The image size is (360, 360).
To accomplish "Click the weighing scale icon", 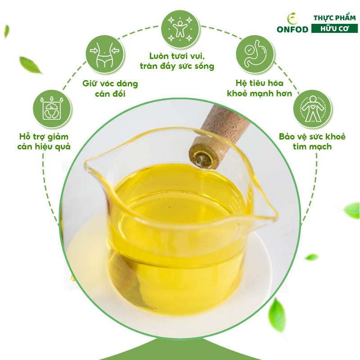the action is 52,109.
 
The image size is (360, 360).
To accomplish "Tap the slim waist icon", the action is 105,54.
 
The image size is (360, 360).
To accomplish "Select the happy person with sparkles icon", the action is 180,29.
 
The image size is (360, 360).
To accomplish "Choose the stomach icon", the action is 255,54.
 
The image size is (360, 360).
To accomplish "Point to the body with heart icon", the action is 312,109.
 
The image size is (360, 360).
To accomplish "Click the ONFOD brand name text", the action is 292,29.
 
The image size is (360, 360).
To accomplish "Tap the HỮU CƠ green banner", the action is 334,29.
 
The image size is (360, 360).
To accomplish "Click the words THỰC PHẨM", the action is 334,18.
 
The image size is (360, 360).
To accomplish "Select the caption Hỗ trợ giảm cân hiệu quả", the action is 44,141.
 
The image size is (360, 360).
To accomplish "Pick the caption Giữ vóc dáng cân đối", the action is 110,88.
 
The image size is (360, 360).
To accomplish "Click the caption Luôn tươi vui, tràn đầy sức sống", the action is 177,61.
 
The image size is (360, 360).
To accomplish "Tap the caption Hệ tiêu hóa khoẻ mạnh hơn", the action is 260,88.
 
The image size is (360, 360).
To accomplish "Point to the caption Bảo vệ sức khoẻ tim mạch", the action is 312,141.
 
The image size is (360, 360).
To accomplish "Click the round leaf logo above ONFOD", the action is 293,18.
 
